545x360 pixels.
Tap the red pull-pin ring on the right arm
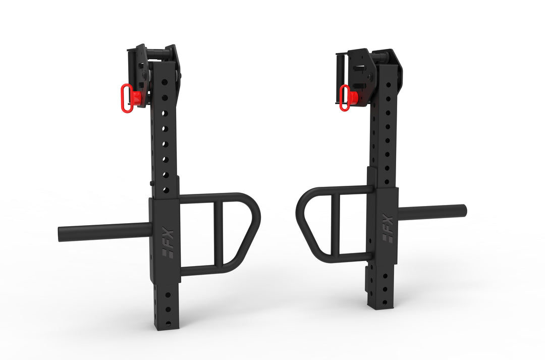[x=345, y=98]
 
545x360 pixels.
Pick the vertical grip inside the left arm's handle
[x=218, y=234]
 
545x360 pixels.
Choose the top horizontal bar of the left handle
[x=212, y=198]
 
